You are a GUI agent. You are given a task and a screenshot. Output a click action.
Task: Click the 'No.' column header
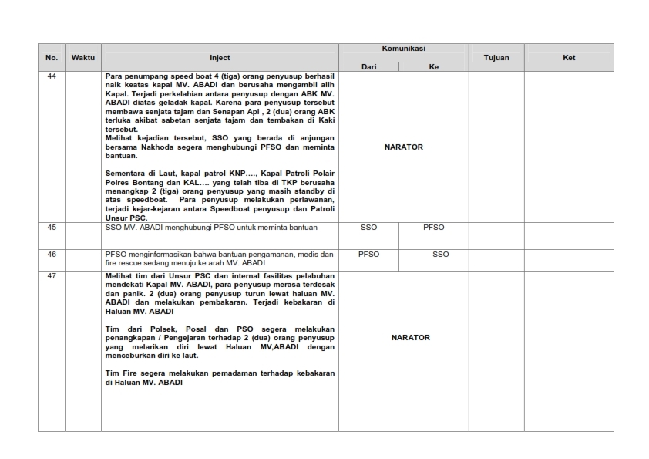tap(52, 58)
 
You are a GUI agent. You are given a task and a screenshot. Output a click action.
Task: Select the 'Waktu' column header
tap(83, 58)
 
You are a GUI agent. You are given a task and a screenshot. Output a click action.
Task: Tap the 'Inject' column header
tap(220, 58)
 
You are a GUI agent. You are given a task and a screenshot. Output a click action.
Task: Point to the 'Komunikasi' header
tap(403, 49)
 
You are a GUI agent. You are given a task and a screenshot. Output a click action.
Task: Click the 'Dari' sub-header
tap(368, 67)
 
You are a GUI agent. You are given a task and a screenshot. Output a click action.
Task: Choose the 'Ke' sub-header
tap(434, 67)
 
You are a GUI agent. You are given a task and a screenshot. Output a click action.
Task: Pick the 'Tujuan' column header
tap(496, 58)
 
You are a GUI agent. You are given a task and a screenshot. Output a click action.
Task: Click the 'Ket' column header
tap(569, 58)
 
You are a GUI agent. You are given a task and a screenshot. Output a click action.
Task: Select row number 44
tap(52, 76)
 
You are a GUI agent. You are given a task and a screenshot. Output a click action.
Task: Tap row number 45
tap(52, 228)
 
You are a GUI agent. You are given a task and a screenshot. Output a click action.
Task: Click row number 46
tap(52, 254)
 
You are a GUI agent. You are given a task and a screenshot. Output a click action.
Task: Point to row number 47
tap(52, 275)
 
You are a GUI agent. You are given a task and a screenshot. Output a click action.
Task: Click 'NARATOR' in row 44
tap(403, 147)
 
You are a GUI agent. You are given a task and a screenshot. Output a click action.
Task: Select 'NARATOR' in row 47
tap(410, 337)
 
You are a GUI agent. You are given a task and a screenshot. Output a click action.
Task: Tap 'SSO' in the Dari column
tap(368, 228)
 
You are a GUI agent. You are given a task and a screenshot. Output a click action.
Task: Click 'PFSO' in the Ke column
tap(434, 228)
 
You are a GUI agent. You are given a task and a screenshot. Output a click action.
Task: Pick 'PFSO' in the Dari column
tap(368, 254)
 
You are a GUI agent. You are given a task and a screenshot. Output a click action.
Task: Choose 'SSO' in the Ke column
tap(440, 254)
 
